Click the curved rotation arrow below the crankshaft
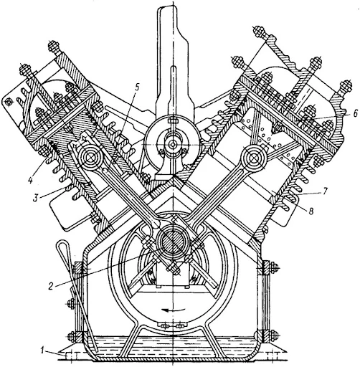[169, 311]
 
